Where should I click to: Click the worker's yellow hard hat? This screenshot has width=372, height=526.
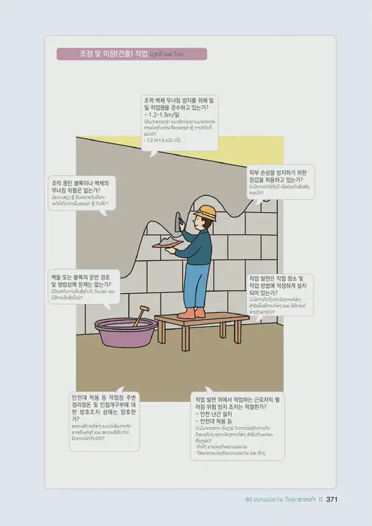coord(205,211)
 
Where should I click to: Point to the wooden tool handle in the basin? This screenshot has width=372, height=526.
coord(140,315)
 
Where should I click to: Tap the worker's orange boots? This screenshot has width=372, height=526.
coord(191,313)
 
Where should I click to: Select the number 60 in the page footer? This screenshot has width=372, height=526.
coord(249,500)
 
